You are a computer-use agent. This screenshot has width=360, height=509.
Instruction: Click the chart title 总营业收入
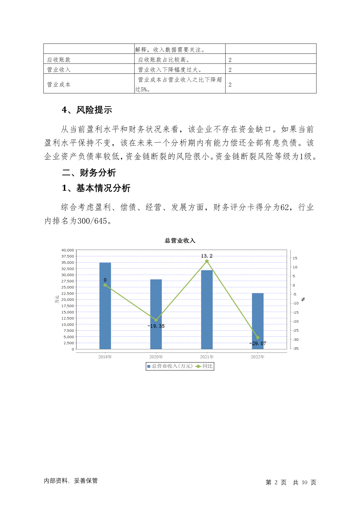[180, 241]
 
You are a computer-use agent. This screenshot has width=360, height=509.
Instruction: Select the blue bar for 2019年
[105, 305]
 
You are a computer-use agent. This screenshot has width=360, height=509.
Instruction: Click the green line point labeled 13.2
[207, 261]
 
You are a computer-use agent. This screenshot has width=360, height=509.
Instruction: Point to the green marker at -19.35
[156, 320]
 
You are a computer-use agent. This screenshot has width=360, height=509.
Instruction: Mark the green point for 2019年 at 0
[105, 285]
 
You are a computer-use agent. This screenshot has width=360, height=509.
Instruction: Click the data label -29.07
[258, 343]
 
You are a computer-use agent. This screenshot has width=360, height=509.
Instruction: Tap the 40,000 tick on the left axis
[68, 250]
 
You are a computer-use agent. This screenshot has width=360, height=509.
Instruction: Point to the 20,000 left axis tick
[68, 300]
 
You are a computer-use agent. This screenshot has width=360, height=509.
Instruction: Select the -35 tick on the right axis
[295, 349]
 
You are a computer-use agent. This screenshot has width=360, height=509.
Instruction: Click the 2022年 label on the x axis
[258, 357]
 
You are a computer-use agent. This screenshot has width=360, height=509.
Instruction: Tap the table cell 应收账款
[59, 60]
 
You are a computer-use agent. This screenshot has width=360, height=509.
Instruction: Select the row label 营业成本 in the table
[59, 85]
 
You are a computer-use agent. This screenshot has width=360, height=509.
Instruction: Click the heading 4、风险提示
[87, 110]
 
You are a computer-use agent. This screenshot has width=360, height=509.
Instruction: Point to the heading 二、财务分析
[89, 173]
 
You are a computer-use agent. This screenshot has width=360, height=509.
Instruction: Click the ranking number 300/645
[92, 221]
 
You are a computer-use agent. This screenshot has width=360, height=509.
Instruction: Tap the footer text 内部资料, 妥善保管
[71, 481]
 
